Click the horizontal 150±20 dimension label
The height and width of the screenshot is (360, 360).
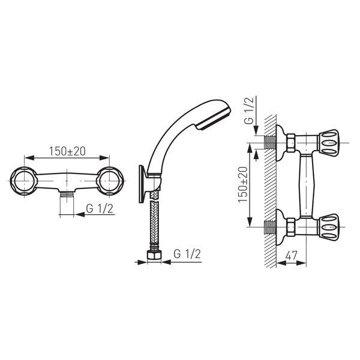click(67, 151)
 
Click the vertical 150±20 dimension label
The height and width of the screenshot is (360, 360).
click(243, 184)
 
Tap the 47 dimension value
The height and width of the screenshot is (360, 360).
click(292, 256)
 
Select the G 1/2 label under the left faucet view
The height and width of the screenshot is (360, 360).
click(100, 209)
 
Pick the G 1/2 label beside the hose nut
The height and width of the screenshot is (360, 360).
click(187, 254)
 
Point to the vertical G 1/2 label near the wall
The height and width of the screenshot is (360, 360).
click(249, 110)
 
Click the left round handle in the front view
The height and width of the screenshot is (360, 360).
click(23, 181)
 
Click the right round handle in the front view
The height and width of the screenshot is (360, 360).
click(110, 181)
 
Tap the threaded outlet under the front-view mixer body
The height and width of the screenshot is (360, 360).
click(67, 194)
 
